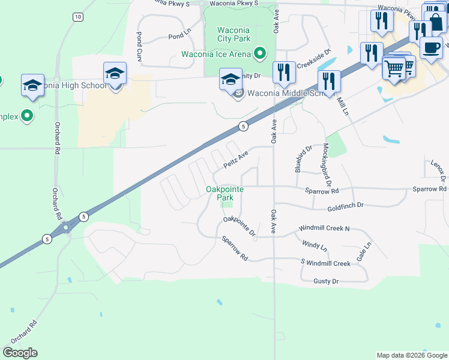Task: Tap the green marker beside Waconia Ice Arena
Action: click(260, 54)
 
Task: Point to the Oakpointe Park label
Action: click(224, 193)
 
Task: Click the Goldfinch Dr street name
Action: click(345, 205)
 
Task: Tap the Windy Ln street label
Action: click(315, 245)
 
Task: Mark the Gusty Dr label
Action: click(326, 281)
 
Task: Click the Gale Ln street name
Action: click(364, 252)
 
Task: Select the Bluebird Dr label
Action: click(304, 159)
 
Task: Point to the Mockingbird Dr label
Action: click(328, 163)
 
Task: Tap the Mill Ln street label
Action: click(342, 106)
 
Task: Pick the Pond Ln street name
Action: click(178, 37)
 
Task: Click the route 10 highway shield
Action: click(77, 17)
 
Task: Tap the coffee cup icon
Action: click(430, 46)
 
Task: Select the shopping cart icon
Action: click(394, 68)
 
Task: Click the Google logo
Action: click(20, 353)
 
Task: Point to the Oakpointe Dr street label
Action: click(240, 226)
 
